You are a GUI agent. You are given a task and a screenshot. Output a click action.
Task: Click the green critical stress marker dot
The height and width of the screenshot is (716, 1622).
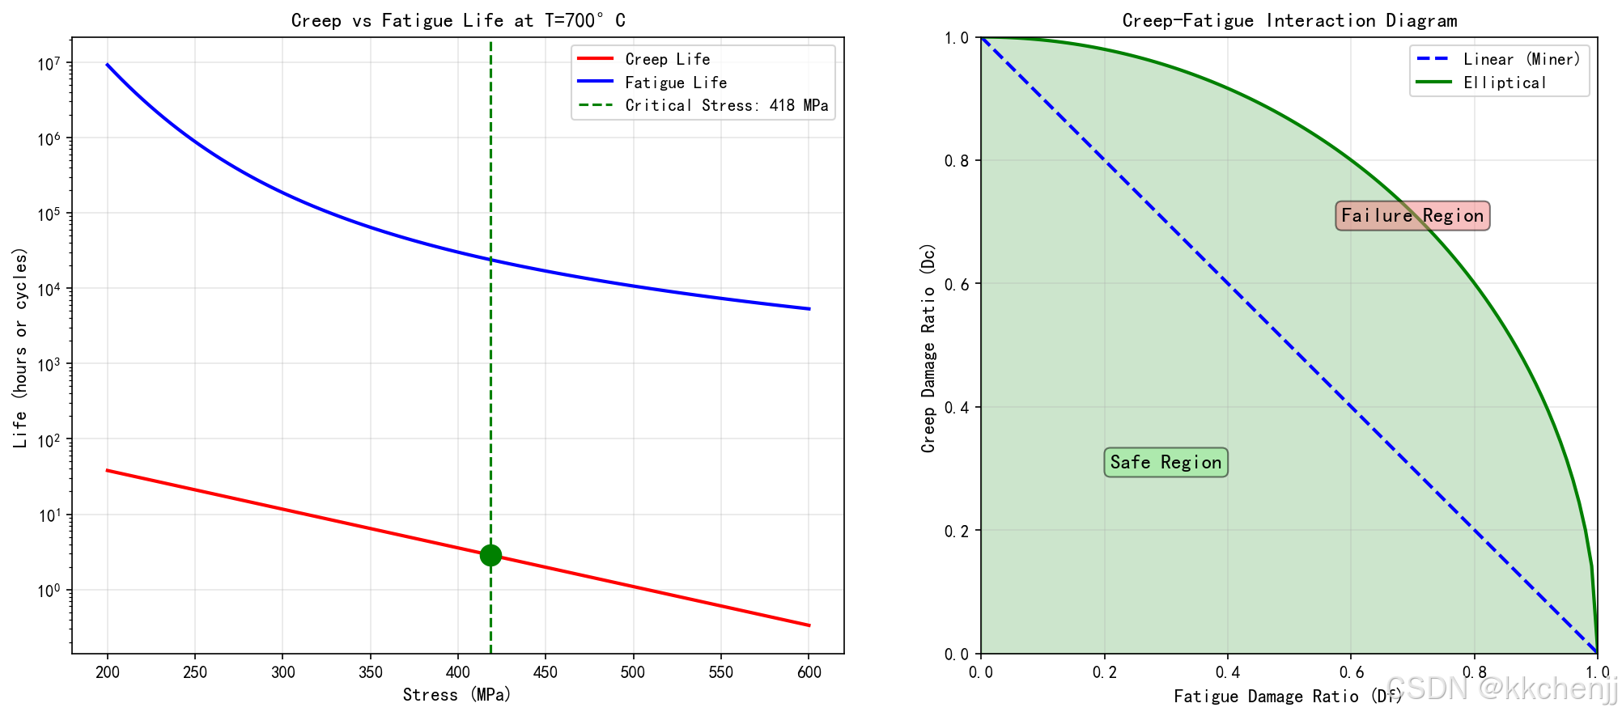(490, 555)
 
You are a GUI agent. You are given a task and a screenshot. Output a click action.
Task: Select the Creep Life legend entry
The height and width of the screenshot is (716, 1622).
(667, 59)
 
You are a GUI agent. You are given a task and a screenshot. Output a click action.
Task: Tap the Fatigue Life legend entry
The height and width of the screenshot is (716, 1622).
(676, 83)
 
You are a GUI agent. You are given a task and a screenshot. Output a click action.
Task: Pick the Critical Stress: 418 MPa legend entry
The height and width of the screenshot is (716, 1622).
(726, 106)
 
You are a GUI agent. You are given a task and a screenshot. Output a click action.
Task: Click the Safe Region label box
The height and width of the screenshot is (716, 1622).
(1166, 462)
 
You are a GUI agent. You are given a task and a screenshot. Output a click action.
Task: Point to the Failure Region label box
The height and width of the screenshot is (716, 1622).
(1412, 215)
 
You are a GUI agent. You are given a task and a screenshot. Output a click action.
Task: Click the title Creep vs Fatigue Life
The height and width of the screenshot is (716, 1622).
(458, 20)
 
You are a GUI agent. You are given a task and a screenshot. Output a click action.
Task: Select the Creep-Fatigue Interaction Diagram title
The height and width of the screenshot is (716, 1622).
(1289, 20)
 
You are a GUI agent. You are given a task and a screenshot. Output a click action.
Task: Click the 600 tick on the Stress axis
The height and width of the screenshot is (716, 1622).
(809, 672)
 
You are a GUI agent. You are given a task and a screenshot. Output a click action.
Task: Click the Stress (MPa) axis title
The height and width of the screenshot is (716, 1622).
(457, 695)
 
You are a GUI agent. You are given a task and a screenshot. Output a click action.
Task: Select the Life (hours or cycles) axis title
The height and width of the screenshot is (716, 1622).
(20, 348)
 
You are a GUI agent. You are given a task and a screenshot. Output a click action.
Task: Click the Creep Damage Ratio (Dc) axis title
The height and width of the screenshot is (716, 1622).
(928, 348)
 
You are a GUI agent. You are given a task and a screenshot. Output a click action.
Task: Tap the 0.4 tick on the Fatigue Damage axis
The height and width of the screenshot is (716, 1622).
(1228, 672)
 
